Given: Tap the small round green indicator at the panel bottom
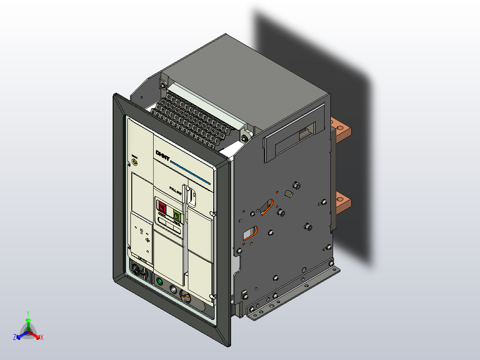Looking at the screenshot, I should [159, 282].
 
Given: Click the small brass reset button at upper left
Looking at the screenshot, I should [135, 161].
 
